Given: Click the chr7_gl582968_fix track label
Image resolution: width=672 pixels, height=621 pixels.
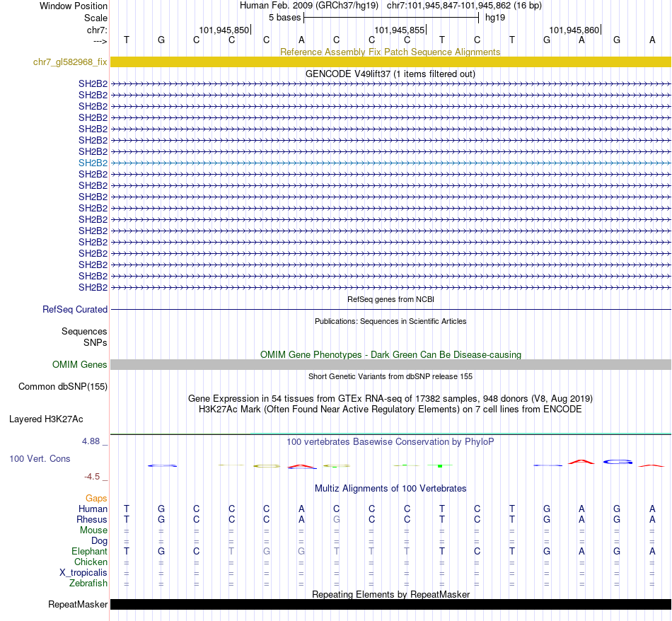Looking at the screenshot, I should [70, 62].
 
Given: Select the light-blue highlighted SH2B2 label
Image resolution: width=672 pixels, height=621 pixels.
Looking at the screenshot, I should [93, 163].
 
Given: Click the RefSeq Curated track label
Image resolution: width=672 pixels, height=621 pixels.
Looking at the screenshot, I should [75, 309].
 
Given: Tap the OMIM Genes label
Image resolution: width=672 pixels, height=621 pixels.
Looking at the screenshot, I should [80, 365].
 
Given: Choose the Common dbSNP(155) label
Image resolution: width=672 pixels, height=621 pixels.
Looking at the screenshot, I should [63, 387].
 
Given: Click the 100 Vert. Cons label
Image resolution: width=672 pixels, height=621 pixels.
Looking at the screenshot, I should [40, 459].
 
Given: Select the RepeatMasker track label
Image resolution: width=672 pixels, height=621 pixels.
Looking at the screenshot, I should [78, 605].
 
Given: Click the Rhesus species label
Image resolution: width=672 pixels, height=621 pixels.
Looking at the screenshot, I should [92, 520].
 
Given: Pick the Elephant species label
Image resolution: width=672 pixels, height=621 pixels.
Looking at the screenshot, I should [89, 552].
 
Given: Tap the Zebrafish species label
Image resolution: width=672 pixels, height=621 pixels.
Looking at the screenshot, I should [88, 584].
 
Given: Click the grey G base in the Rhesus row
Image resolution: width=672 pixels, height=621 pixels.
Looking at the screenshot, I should [337, 520].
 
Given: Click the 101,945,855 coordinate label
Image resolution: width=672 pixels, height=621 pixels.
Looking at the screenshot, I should [400, 30].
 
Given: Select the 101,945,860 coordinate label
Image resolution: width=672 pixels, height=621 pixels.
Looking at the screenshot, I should [574, 30].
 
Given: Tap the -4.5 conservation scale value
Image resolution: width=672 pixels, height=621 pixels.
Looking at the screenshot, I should [93, 477].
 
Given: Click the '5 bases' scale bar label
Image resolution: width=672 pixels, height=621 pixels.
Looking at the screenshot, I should [284, 17].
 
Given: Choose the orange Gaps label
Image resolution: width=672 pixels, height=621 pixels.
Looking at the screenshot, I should [96, 499].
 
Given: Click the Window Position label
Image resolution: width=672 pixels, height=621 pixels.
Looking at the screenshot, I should [74, 6].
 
